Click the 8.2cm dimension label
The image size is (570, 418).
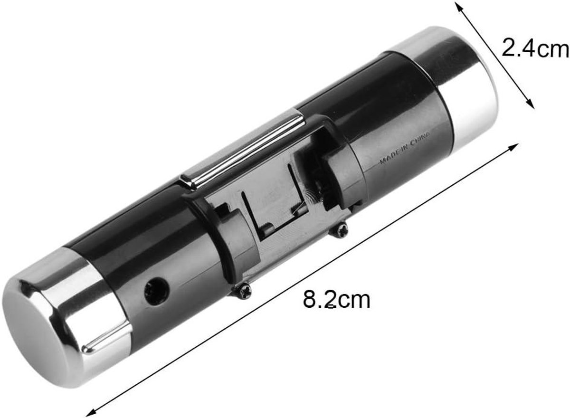coord(337,300)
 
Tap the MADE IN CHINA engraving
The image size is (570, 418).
coord(405,147)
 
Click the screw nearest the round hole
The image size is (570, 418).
coord(243,291)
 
